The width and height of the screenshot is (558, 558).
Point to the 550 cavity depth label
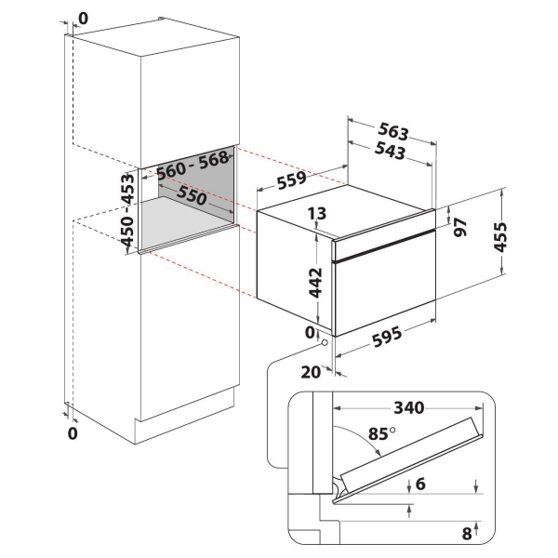point(193,198)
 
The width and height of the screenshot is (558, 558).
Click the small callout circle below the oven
point(323,342)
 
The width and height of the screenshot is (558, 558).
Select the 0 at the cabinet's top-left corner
point(83,16)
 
